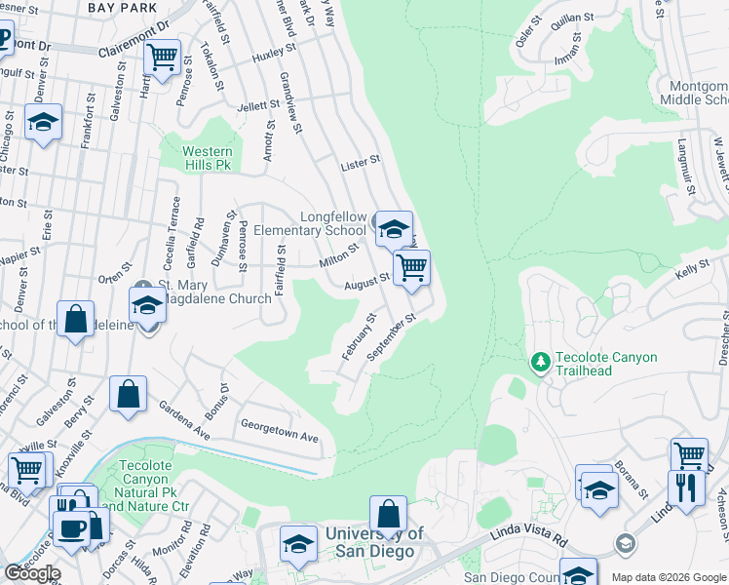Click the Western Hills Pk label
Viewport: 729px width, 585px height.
(208, 158)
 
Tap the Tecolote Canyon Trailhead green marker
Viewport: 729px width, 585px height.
(541, 363)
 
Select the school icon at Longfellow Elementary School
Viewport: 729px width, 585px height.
(394, 230)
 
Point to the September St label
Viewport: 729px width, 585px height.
(392, 338)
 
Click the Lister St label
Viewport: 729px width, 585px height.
(360, 166)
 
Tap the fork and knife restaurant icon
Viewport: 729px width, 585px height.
(686, 489)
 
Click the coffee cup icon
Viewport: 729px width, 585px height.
(69, 527)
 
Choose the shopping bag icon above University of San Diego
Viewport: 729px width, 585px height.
(388, 514)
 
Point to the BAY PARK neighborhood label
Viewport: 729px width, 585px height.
(122, 7)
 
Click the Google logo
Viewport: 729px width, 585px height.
(32, 572)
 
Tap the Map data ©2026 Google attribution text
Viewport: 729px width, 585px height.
(669, 577)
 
